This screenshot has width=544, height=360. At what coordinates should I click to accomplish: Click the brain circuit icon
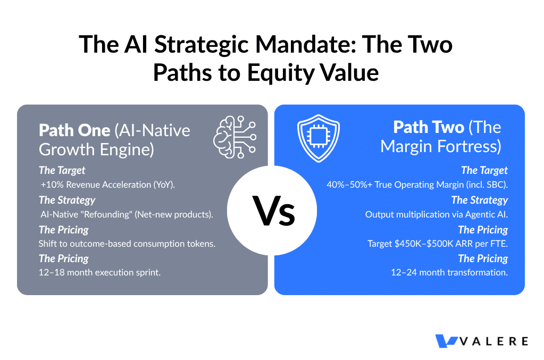click(235, 137)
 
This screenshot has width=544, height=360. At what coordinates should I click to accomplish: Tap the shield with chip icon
click(319, 138)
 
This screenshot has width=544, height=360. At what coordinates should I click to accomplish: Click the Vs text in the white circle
click(274, 211)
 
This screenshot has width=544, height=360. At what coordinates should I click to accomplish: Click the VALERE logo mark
click(446, 340)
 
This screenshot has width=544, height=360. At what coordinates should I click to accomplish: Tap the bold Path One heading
click(74, 130)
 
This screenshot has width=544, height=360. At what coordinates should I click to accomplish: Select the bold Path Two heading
click(429, 127)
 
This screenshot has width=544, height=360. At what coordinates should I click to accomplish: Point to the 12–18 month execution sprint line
click(99, 273)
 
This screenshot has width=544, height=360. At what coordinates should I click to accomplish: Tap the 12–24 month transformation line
click(449, 273)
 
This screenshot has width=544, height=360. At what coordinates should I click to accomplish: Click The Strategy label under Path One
click(67, 200)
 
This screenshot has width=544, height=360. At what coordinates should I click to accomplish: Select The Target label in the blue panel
click(484, 170)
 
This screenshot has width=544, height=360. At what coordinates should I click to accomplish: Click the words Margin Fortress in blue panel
click(441, 147)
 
